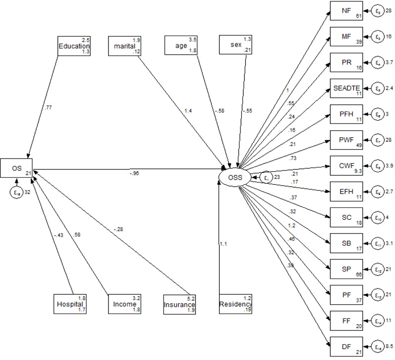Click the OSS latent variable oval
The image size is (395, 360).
coord(237,176)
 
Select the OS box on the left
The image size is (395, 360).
coord(17,168)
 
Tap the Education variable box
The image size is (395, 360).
coord(75,45)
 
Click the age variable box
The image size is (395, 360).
coord(181,45)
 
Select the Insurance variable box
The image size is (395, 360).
coord(180,304)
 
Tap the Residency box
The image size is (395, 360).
coord(235,304)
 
